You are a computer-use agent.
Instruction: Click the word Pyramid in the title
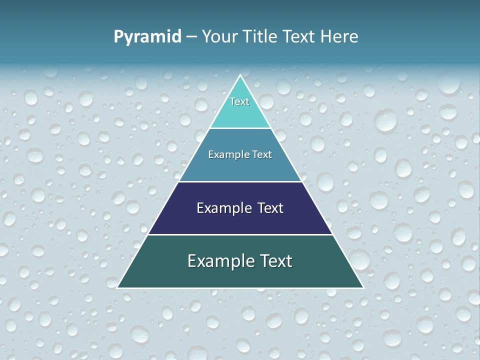[147, 37]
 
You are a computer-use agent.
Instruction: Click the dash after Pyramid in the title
[191, 37]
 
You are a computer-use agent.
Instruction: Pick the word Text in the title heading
[300, 36]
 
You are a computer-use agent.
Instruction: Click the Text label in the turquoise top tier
[239, 101]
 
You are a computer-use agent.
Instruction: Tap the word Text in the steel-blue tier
[262, 154]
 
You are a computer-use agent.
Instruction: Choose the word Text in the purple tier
[270, 208]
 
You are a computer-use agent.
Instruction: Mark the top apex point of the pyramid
[240, 75]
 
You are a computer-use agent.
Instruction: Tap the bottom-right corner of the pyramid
[362, 287]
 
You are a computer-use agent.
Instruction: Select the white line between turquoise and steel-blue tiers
[240, 128]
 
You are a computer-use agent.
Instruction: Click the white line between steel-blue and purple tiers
[240, 181]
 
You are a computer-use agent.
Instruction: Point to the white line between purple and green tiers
[240, 234]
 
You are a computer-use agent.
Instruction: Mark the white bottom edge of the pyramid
[240, 288]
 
